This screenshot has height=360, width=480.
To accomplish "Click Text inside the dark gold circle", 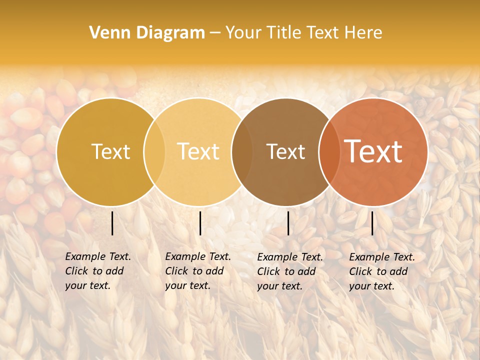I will click(110, 152).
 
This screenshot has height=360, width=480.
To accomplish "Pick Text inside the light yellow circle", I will click(198, 152).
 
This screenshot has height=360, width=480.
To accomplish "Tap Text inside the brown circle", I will click(285, 152).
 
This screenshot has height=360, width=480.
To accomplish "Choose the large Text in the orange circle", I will click(373, 152).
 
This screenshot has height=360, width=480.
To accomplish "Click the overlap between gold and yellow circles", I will click(154, 152).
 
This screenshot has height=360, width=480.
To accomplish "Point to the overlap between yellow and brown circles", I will click(241, 152).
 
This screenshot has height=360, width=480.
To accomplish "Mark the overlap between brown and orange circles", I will click(329, 152).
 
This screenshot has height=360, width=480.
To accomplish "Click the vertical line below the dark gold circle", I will click(112, 223).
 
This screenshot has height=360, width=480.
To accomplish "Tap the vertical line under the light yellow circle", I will click(200, 223).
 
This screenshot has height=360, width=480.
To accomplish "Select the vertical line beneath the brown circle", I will click(288, 223).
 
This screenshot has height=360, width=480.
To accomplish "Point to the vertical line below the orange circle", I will click(372, 223).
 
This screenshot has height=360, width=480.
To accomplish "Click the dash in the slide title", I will click(215, 33).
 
